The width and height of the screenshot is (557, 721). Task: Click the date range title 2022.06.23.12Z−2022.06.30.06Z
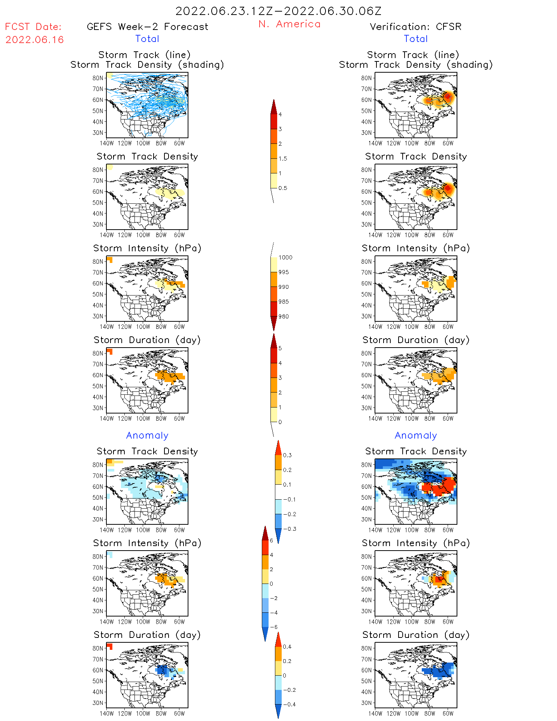tap(278, 11)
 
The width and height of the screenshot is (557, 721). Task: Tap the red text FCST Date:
tap(33, 27)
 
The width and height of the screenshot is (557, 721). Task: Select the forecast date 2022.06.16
tap(34, 40)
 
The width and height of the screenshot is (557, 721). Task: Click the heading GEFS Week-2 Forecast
tap(147, 27)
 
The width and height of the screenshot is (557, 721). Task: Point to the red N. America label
tap(289, 24)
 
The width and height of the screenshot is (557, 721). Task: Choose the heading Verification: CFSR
tap(415, 27)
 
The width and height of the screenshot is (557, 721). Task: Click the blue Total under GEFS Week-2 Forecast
tap(147, 39)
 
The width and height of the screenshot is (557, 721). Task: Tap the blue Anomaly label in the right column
tap(416, 436)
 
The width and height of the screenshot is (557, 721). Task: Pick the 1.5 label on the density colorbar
tap(283, 159)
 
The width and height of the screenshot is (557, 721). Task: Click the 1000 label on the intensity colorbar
tap(285, 258)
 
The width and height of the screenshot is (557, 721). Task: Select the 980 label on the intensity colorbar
tap(284, 316)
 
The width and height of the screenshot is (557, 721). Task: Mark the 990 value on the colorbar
tap(284, 287)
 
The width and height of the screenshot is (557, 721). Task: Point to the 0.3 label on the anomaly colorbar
tap(287, 455)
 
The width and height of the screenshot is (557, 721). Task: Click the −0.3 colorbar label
tap(289, 529)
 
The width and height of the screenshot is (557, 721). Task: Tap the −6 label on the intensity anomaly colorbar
tap(274, 627)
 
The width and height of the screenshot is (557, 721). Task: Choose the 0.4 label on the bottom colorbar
tap(287, 647)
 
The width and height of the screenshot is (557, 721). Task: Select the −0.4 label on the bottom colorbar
tap(289, 705)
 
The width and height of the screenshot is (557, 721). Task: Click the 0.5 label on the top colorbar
tap(283, 188)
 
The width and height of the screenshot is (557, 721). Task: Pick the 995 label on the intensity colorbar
tap(284, 272)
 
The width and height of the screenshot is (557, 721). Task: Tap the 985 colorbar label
tap(284, 302)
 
